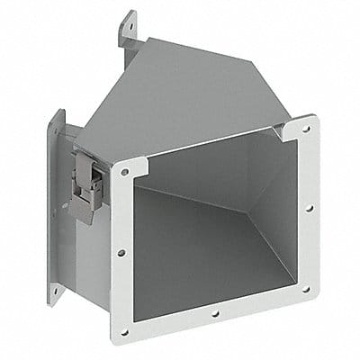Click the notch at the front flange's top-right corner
(x=286, y=126)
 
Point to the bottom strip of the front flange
(x=216, y=315)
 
